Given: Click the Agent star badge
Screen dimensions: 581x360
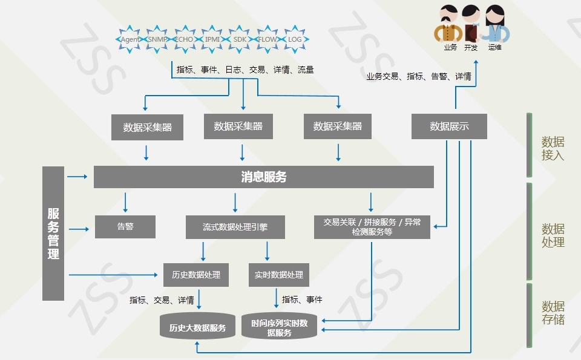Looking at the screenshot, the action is (130, 39).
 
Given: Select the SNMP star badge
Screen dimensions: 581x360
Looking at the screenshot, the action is (157, 39).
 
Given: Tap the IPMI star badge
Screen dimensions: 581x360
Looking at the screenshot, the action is (212, 39).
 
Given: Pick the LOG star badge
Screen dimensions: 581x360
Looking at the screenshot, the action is (295, 39).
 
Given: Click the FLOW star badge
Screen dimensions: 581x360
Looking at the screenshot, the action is (267, 39).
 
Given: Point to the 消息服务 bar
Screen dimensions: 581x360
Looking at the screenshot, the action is (263, 177).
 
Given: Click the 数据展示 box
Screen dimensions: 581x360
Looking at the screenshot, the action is (449, 126).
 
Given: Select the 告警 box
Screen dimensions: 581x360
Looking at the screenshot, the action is (125, 227).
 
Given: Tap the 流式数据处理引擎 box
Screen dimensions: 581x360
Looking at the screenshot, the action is (235, 227).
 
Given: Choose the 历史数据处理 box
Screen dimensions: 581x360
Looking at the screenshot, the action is (196, 275).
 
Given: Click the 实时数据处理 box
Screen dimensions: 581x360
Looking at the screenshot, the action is (278, 275).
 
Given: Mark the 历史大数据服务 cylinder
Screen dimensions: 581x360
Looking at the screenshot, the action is (197, 326).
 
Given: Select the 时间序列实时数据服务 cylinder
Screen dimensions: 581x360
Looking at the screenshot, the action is (280, 326).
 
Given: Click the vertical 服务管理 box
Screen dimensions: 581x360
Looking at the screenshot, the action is (53, 234).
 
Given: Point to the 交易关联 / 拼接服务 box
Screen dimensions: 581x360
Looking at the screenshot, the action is (372, 227).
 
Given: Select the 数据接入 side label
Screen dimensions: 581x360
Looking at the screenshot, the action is (553, 148).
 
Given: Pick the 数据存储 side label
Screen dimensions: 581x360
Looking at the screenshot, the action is (553, 313).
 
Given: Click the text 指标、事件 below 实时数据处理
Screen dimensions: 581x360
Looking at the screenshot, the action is (302, 299).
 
